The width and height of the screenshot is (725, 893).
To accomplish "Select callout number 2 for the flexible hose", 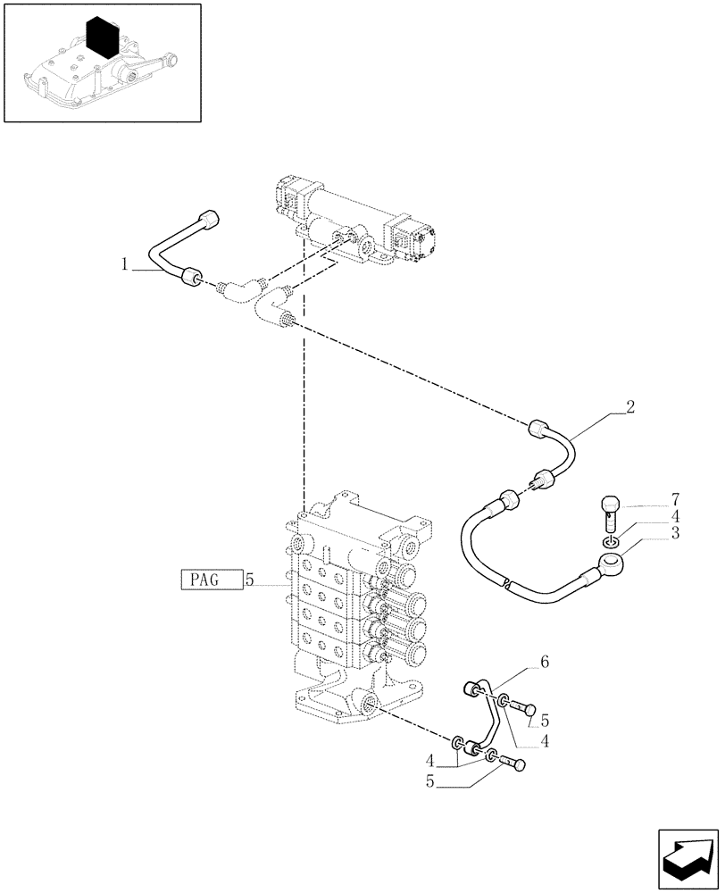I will (x=629, y=407).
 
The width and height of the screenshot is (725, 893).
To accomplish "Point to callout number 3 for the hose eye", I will (x=676, y=533).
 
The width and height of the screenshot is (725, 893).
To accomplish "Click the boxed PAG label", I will (x=211, y=580).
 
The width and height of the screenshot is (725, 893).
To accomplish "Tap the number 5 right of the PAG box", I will (x=250, y=580).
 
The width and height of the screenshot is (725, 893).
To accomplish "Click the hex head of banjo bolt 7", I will (x=611, y=505).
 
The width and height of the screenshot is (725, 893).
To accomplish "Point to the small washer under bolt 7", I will (x=610, y=542).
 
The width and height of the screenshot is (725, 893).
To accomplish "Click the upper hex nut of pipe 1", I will (x=212, y=219).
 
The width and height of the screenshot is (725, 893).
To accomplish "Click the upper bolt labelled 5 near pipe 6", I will (x=527, y=709).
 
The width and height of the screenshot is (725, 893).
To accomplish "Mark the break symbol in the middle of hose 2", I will (x=506, y=585).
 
